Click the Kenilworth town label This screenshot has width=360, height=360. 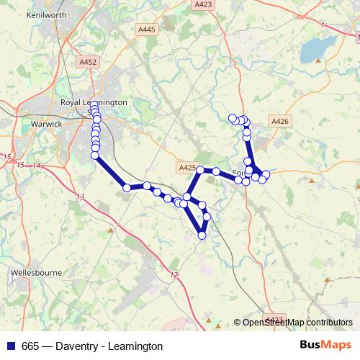click(25, 14)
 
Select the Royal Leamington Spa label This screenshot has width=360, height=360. click(94, 103)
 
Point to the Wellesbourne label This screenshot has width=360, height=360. click(36, 273)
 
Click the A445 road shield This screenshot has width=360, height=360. click(146, 30)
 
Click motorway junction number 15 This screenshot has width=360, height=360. click(8, 157)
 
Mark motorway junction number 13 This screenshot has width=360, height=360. click(79, 197)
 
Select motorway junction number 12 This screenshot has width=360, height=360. click(173, 274)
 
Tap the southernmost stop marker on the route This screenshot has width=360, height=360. click(202, 235)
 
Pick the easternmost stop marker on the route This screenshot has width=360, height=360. click(266, 174)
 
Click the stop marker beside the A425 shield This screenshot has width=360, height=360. click(201, 171)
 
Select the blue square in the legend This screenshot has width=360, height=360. click(12, 346)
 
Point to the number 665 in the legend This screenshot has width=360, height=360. click(31, 346)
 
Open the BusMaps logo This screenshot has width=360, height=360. click(325, 345)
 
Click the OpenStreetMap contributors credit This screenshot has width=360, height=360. click(297, 323)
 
